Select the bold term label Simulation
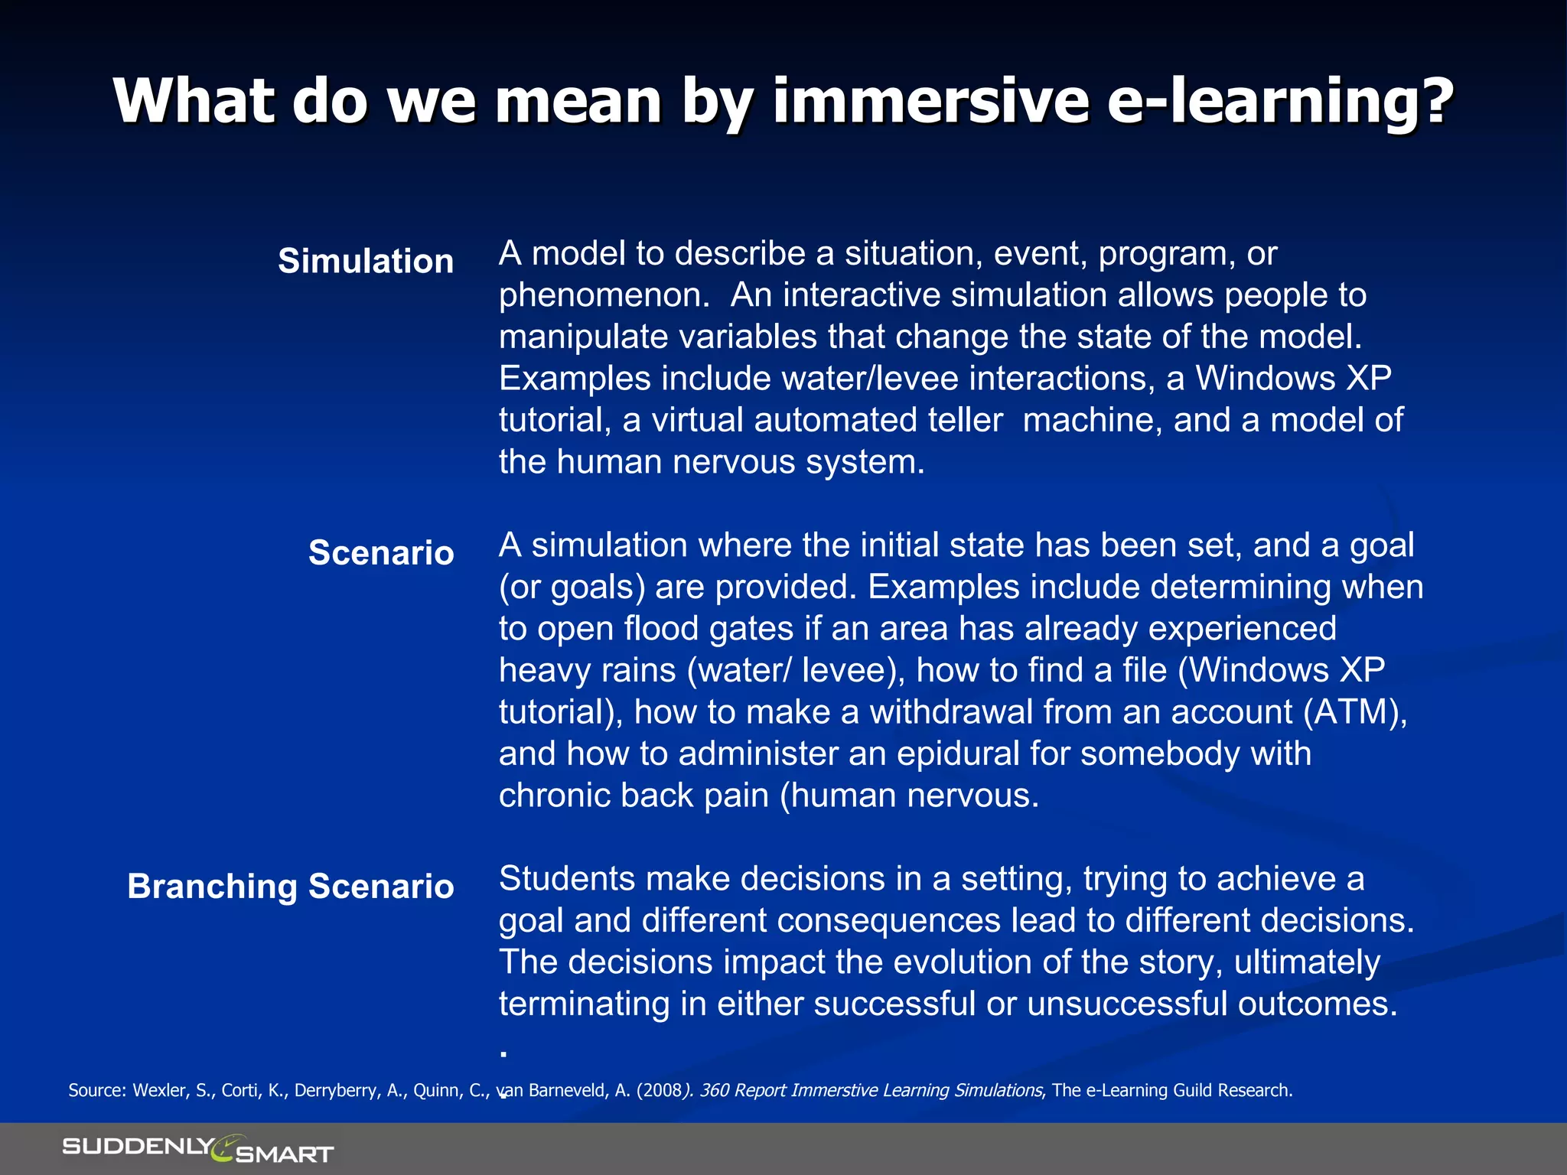[x=366, y=262]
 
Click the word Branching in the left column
[x=212, y=887]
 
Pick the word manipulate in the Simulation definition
[x=583, y=337]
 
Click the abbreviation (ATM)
[x=1356, y=712]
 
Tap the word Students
[x=567, y=879]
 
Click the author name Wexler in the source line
[x=160, y=1090]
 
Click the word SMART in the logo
[x=285, y=1154]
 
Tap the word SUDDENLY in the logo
[x=138, y=1146]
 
